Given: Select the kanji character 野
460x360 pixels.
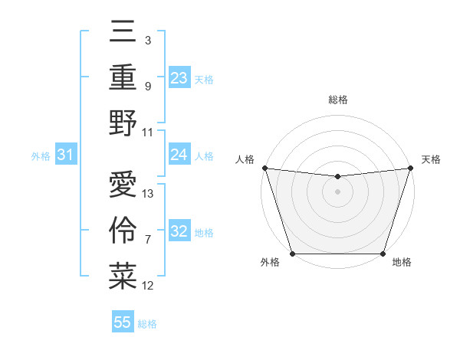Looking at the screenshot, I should [x=123, y=123].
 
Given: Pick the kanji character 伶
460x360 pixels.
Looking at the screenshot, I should [x=123, y=231].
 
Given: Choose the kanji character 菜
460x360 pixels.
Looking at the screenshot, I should [x=123, y=277].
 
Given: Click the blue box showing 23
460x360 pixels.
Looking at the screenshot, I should [x=179, y=77].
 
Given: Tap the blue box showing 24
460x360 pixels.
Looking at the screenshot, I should [x=179, y=155].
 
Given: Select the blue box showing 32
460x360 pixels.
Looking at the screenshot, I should [x=179, y=231].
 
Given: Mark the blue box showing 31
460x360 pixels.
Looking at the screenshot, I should [x=66, y=155].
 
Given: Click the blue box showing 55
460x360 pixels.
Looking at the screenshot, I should [x=123, y=322].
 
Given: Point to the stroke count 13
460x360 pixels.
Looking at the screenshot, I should [x=148, y=194].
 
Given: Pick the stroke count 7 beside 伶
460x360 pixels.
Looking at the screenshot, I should [x=148, y=240].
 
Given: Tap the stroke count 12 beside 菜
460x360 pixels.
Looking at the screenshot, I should [x=148, y=286].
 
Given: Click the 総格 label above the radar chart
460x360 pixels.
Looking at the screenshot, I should [x=337, y=100].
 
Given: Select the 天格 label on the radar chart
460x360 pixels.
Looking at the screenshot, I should [x=431, y=159].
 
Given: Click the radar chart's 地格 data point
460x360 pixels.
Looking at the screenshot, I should [x=383, y=254].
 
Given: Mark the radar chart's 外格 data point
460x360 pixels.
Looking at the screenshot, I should [x=292, y=254].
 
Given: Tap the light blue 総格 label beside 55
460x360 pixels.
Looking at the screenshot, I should [x=147, y=324].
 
